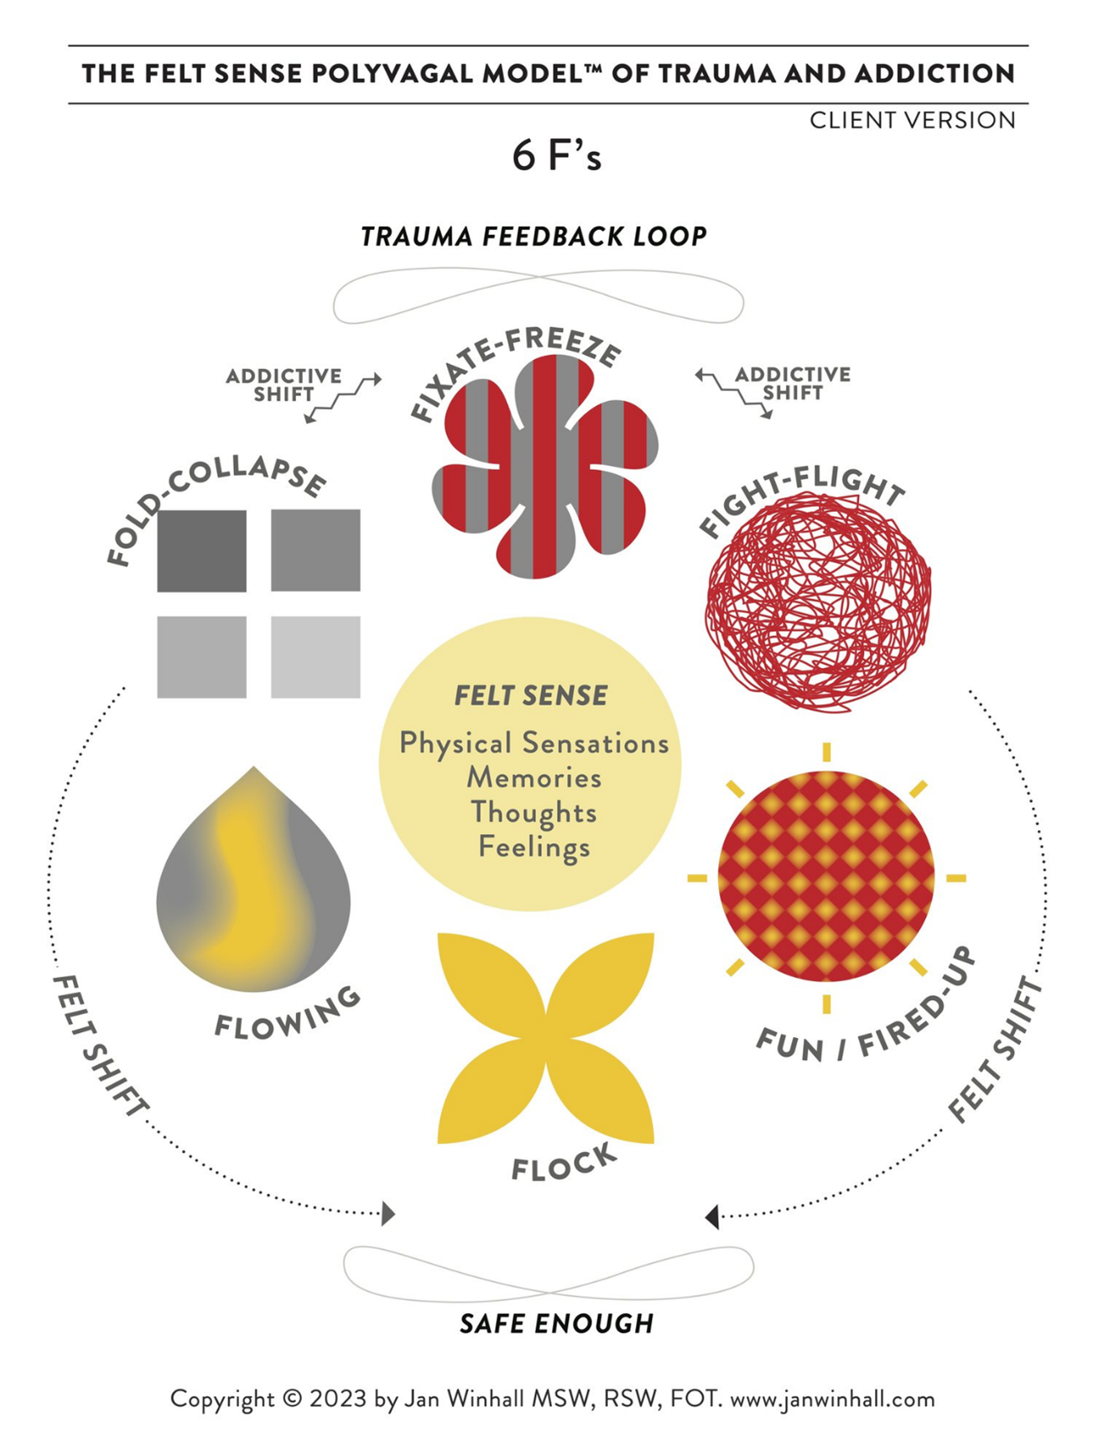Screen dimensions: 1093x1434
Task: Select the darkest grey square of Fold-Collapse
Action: pos(202,551)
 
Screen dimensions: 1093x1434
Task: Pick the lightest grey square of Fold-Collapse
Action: pos(315,657)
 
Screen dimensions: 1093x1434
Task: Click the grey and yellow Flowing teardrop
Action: pos(253,881)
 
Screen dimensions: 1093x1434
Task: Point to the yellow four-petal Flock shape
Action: pos(546,1038)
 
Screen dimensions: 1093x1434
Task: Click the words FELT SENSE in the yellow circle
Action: pos(531,696)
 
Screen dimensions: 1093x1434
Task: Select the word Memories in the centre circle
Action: pos(534,778)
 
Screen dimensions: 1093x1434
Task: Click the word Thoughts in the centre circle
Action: pos(533,812)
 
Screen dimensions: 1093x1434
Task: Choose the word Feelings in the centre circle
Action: pos(534,847)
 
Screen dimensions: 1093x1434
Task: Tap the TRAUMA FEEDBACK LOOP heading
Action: pos(533,237)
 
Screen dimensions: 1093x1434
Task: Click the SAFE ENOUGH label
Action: pos(557,1324)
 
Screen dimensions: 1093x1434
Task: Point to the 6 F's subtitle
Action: pos(557,156)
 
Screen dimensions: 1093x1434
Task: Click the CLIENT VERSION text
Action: pos(913,121)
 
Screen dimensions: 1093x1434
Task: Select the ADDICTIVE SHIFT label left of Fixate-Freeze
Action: pos(284,384)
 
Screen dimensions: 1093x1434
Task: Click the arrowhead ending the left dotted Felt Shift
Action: pos(388,1213)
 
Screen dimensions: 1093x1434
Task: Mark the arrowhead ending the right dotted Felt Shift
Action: pos(712,1216)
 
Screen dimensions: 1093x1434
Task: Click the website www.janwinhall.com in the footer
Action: pos(832,1400)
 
